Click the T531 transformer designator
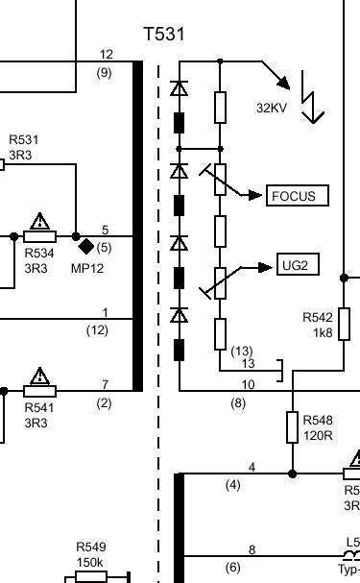164,34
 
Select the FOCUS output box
298,195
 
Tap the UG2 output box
298,265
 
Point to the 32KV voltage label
272,108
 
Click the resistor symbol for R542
344,324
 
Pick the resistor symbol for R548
293,427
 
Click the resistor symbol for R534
39,236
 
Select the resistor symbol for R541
39,391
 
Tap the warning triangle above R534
39,222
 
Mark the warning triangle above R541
39,377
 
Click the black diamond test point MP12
86,247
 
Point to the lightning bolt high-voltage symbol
311,97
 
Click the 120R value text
318,435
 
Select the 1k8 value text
323,332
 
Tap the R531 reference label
24,140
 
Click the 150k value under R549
89,562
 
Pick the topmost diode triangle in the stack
180,88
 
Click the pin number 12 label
107,55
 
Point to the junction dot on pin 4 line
293,474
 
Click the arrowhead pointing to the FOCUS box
254,195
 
